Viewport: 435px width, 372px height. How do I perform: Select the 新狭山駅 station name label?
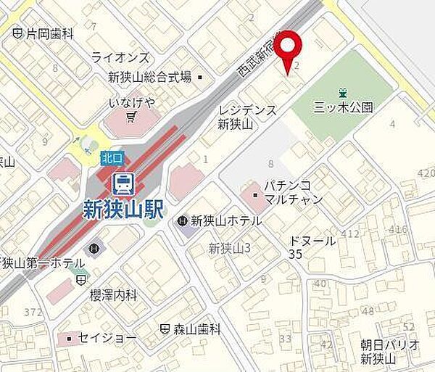point(122,207)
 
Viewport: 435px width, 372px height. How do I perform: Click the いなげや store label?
point(131,102)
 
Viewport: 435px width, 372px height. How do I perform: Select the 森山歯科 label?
point(196,328)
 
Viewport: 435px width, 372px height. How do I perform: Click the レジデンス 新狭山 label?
point(247,117)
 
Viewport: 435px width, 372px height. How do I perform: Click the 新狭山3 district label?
point(229,249)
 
